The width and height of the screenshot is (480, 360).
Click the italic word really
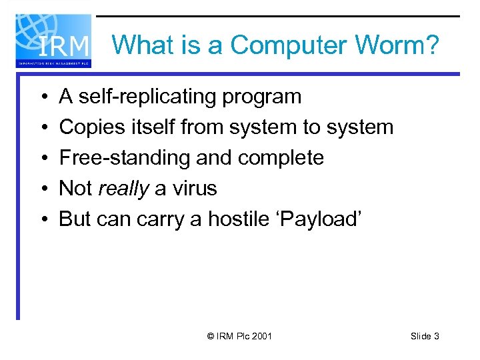(123, 189)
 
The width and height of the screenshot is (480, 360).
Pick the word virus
(195, 188)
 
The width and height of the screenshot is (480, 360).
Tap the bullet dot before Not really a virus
(41, 189)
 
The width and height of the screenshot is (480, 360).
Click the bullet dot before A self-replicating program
(41, 97)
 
